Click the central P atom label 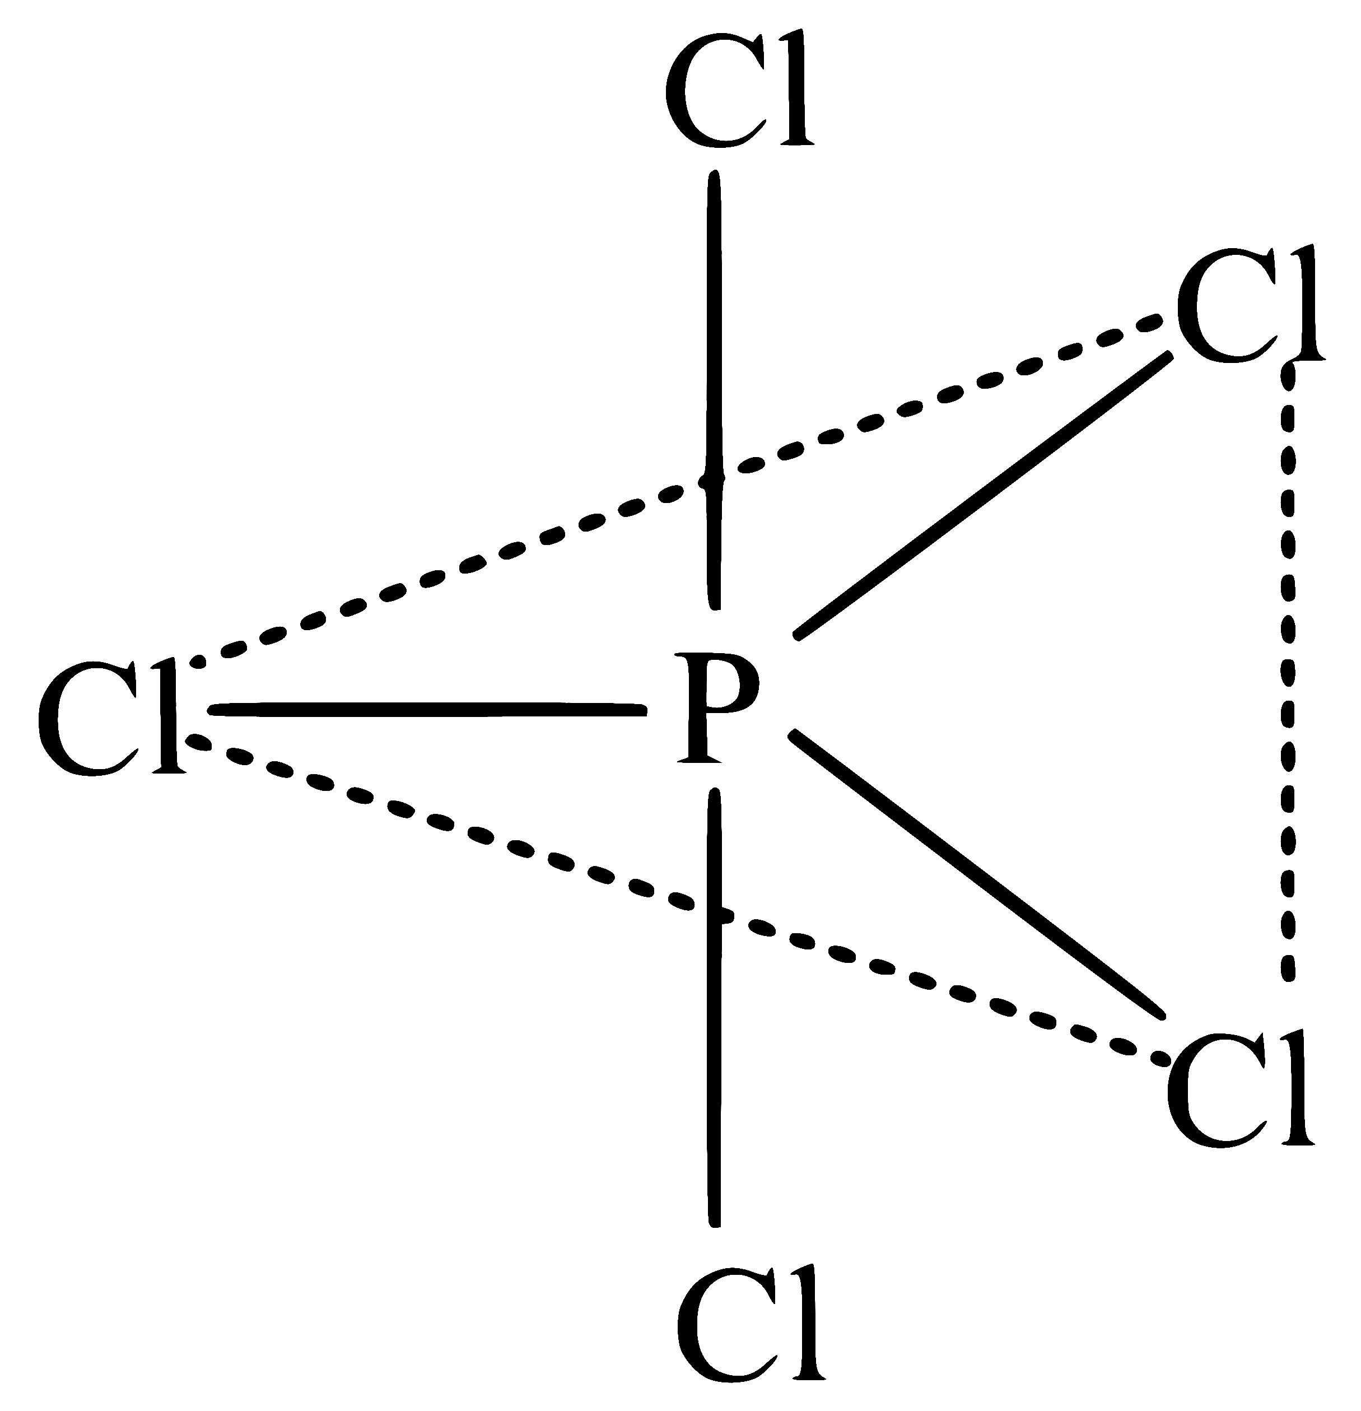pyautogui.click(x=718, y=706)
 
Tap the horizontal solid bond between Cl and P pyautogui.click(x=427, y=710)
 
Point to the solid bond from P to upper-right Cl pyautogui.click(x=982, y=495)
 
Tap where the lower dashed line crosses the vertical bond pyautogui.click(x=715, y=915)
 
